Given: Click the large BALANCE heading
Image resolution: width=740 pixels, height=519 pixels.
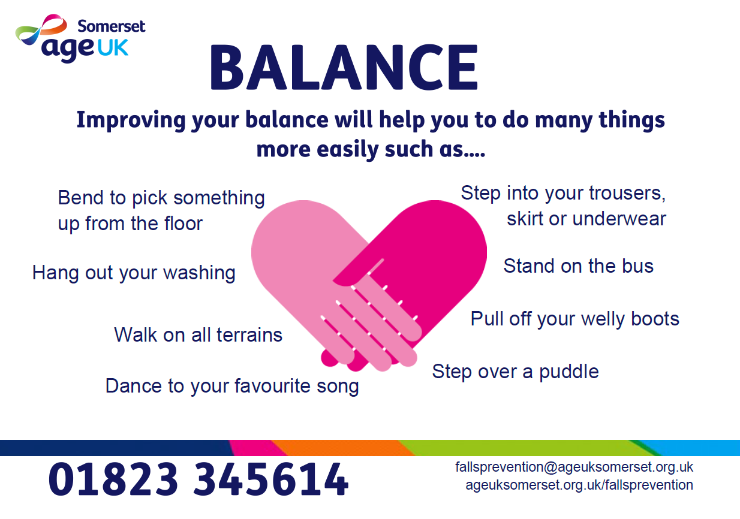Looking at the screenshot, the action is click(x=344, y=67).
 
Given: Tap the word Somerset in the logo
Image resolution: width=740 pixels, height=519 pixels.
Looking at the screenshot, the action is click(x=112, y=26).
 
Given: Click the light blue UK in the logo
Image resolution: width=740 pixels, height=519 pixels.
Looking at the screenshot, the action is click(x=113, y=48).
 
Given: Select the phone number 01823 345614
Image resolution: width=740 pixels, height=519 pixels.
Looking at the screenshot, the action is click(x=198, y=479).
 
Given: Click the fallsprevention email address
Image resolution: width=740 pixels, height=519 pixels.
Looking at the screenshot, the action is click(x=574, y=467).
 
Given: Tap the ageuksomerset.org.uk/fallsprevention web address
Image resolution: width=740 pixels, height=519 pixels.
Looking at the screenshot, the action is click(x=579, y=485).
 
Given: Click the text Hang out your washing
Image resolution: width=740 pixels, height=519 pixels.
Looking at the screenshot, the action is click(x=134, y=273).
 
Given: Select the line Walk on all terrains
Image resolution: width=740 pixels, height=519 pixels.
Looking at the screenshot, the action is click(x=198, y=335).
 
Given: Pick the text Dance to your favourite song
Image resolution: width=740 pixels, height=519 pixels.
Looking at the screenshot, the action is click(x=232, y=386).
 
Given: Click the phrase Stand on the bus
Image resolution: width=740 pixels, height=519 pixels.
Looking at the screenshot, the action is click(x=579, y=265).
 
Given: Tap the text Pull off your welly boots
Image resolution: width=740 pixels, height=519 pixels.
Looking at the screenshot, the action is click(x=575, y=319).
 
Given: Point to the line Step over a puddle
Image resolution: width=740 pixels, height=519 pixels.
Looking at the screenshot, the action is click(x=515, y=372).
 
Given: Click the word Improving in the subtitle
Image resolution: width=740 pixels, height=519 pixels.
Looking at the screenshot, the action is click(x=131, y=120).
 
